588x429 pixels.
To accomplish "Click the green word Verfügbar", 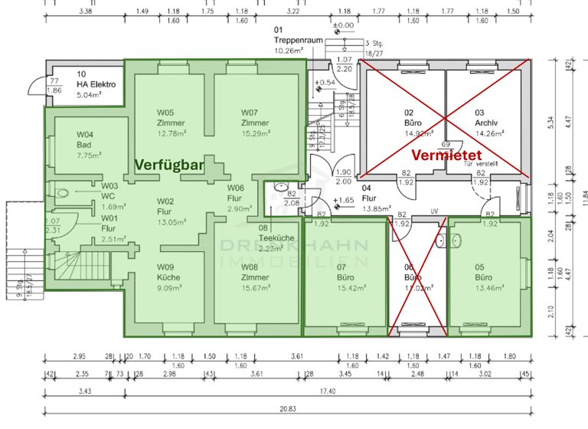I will [170, 165].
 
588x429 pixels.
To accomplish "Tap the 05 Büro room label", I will [484, 278].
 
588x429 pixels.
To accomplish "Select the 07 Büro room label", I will [345, 277].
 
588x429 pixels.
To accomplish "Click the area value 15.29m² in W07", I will [255, 133].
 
